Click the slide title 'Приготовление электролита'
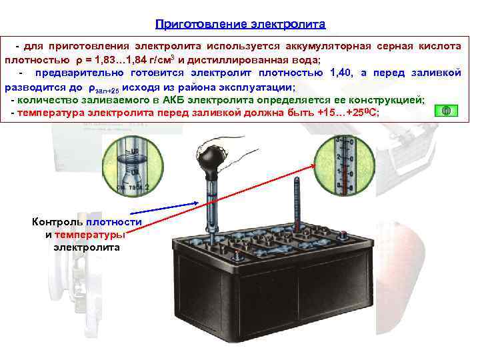tap(240, 25)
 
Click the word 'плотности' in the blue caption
tap(114, 222)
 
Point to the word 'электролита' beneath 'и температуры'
tap(87, 247)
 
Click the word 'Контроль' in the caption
tap(58, 222)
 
